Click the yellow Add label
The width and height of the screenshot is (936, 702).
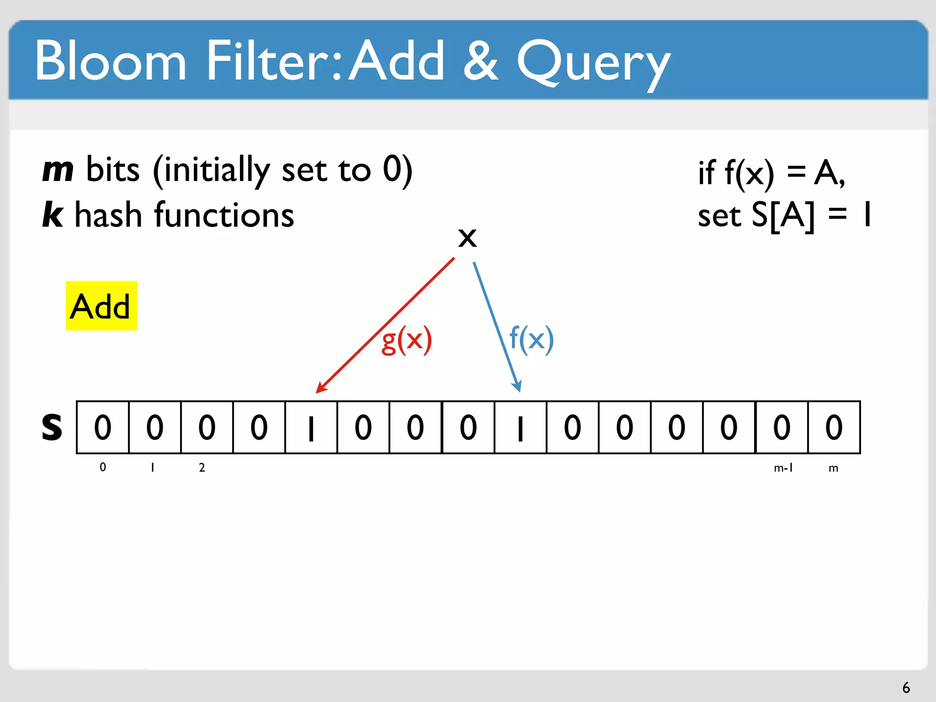(x=101, y=306)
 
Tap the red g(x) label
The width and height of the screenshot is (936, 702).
(x=406, y=340)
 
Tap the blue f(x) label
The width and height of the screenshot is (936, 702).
(x=531, y=339)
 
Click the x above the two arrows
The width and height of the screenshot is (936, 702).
(x=467, y=238)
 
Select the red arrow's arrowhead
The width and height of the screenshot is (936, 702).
(x=321, y=388)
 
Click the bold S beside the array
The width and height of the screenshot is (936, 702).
(x=52, y=427)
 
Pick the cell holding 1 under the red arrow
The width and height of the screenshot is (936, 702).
(x=311, y=427)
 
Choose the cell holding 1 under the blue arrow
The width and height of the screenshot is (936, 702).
(x=520, y=427)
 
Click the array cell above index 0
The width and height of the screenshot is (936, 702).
(x=103, y=427)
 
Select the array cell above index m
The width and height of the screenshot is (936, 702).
(x=834, y=427)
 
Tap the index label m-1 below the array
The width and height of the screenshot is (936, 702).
(x=783, y=468)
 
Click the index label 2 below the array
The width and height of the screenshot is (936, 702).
(x=202, y=468)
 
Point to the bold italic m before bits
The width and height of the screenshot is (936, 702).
(x=58, y=170)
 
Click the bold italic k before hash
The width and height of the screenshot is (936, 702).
(x=53, y=214)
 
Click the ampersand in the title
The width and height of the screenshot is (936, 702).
(x=480, y=61)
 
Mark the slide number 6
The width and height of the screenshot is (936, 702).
(x=906, y=687)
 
